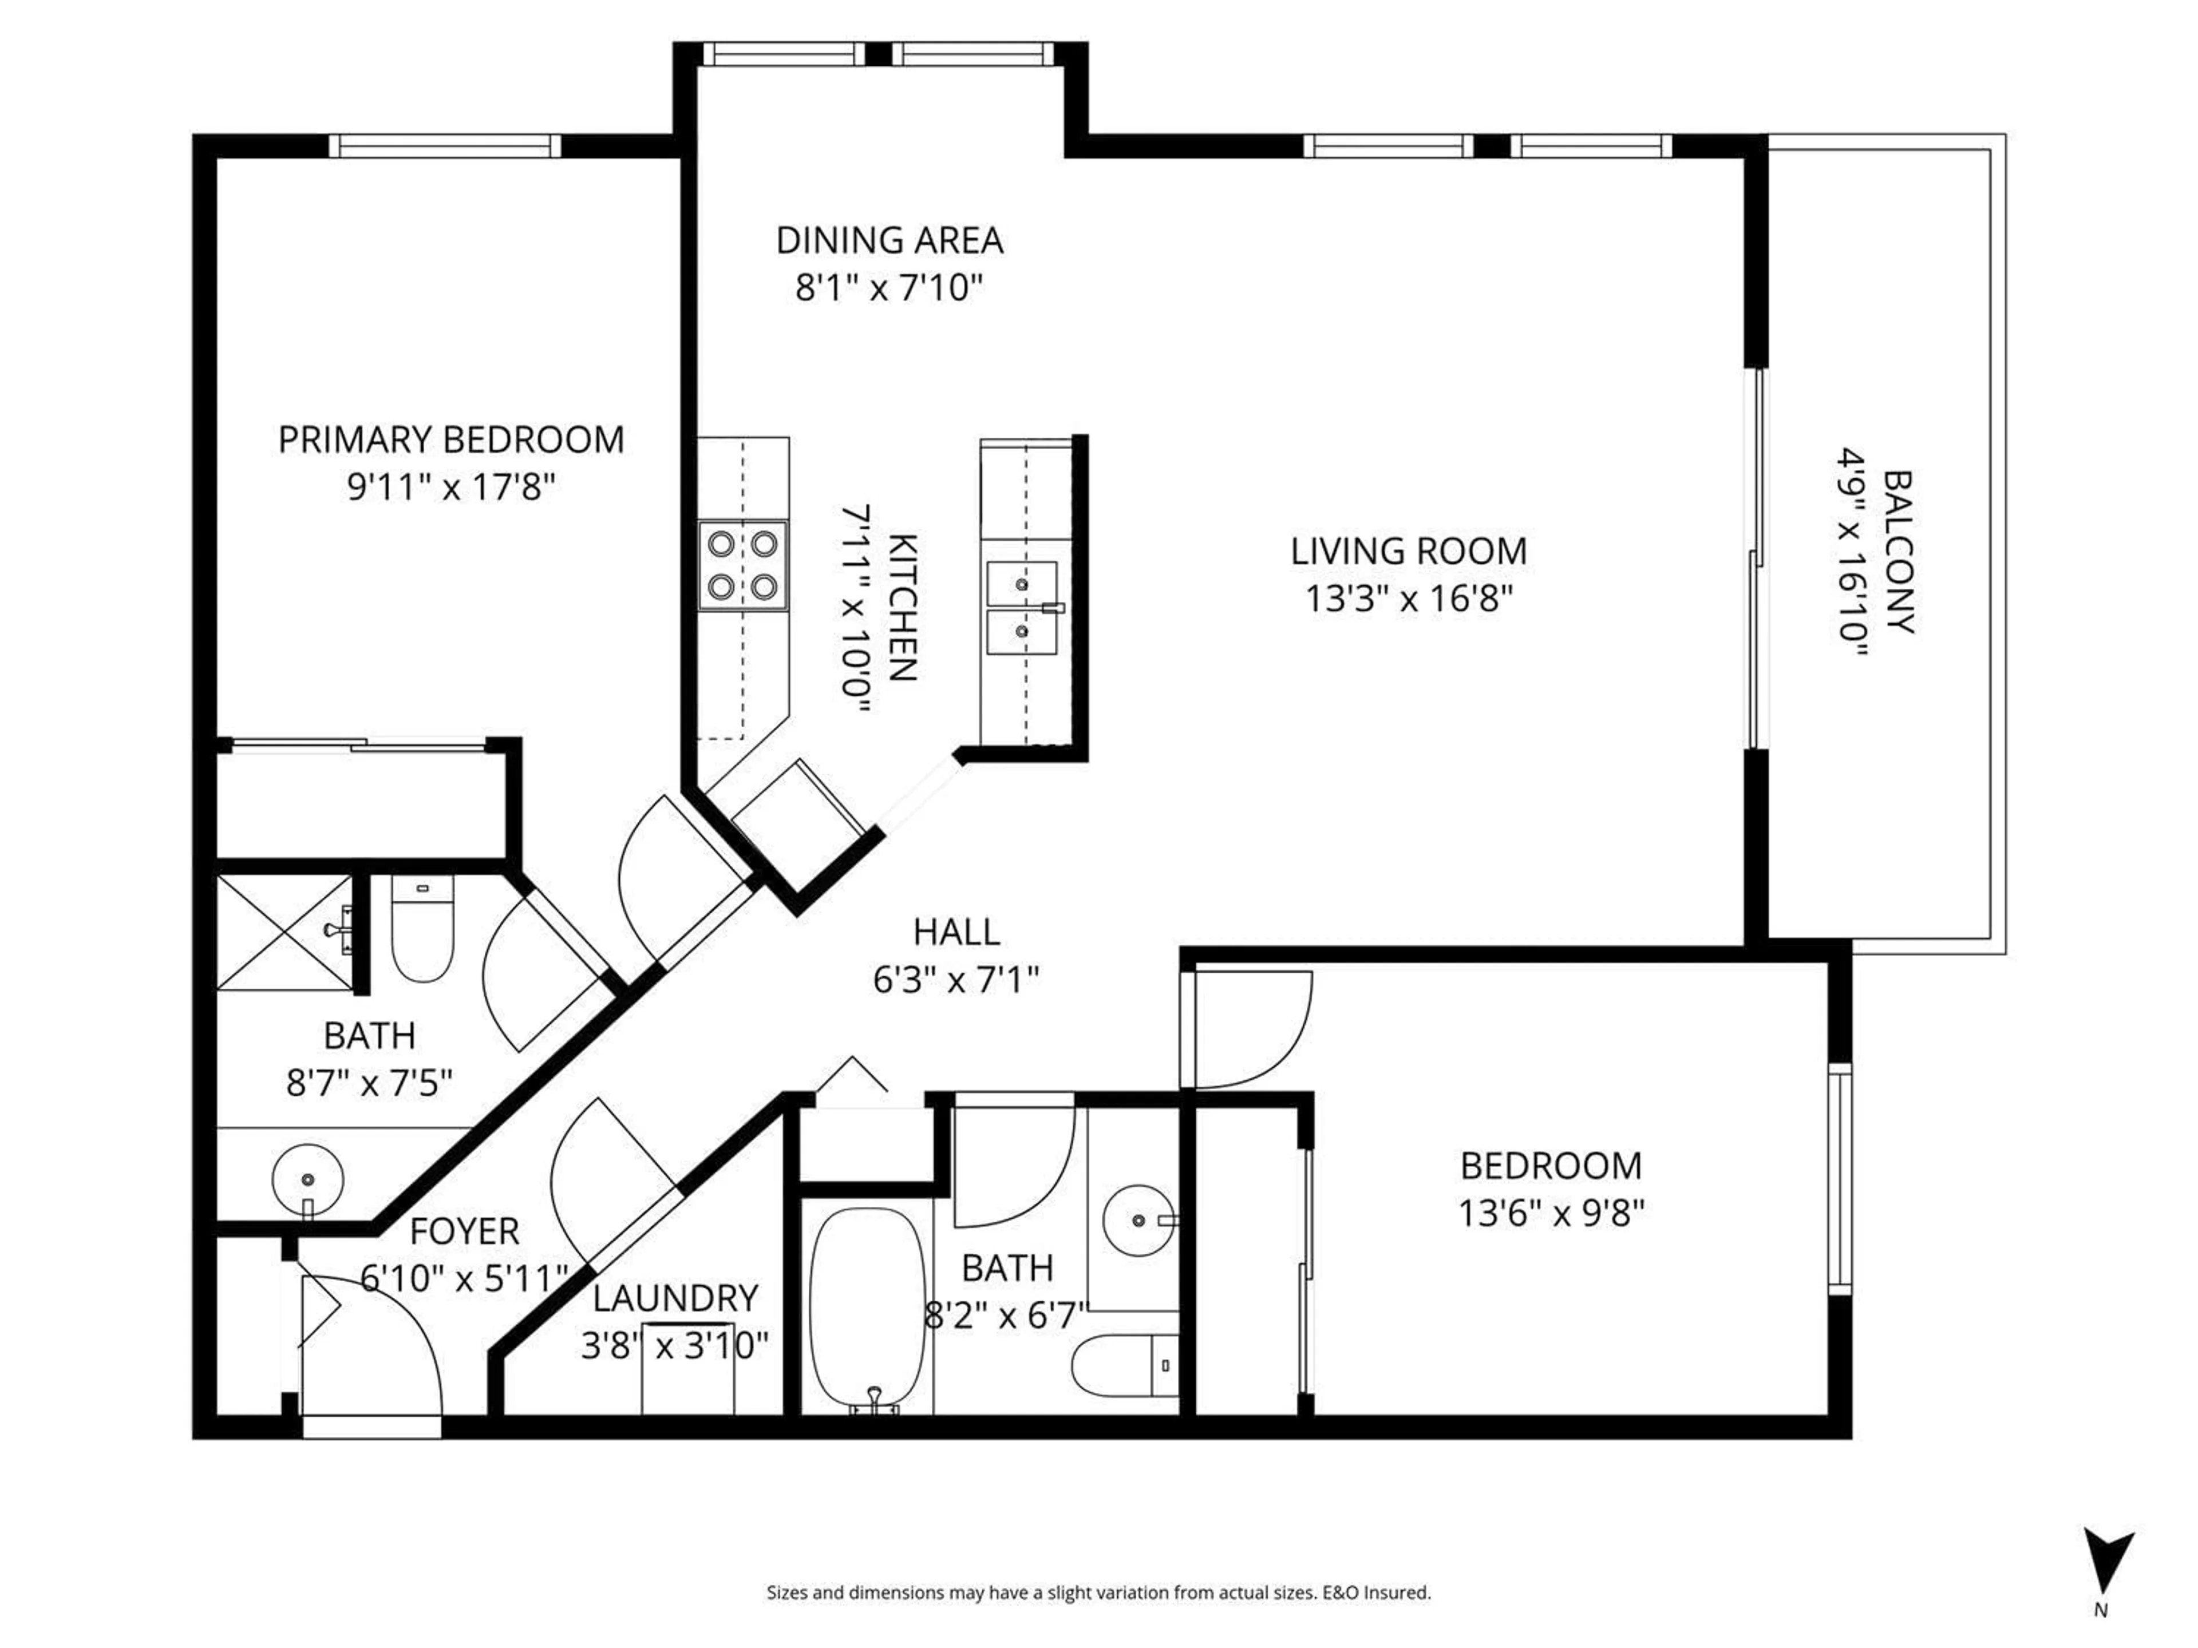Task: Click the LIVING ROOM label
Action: [x=1408, y=551]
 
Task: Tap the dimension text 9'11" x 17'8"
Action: [x=450, y=488]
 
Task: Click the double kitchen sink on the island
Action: [x=1022, y=608]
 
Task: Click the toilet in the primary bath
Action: [x=422, y=929]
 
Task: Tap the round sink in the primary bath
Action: [x=308, y=1179]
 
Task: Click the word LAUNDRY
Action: [x=675, y=1298]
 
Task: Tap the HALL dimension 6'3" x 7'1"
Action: [x=956, y=980]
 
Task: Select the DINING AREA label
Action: [x=890, y=240]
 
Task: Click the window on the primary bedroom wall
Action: [x=445, y=146]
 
